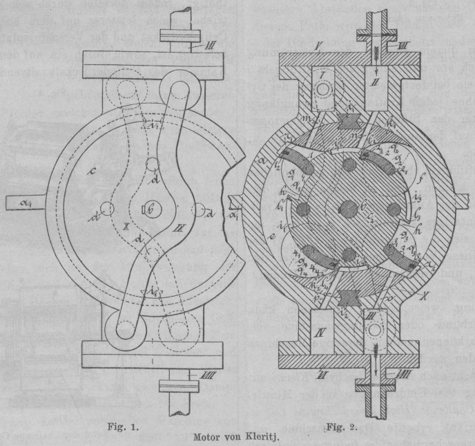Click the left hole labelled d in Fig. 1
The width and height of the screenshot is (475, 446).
point(106,209)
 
